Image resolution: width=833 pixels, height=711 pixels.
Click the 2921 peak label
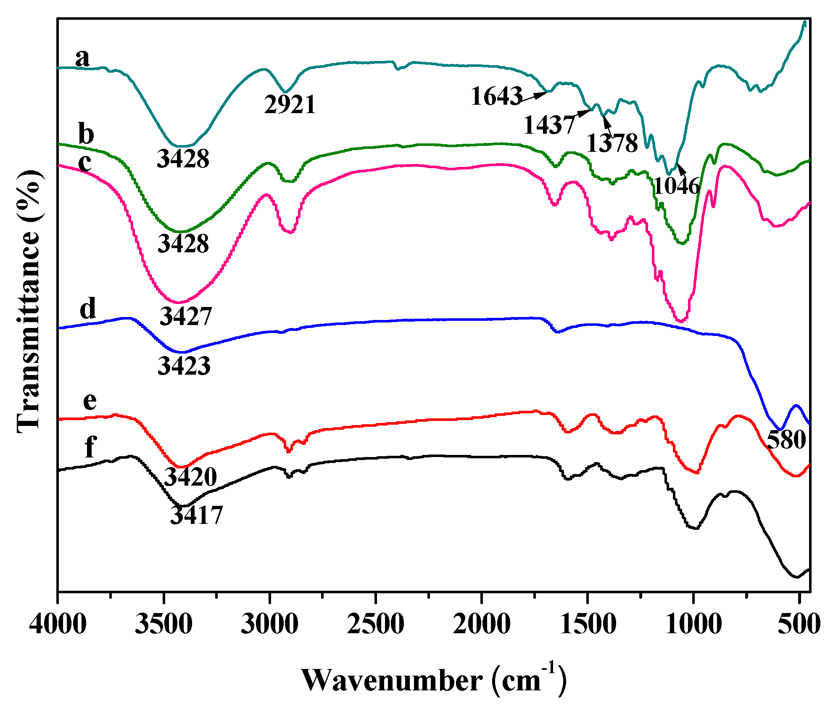coord(290,105)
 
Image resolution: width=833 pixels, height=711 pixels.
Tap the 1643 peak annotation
coord(497,96)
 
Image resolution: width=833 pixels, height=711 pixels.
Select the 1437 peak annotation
coord(549,125)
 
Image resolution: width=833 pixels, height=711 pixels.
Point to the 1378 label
coord(612,143)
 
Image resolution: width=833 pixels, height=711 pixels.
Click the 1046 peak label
coord(677,185)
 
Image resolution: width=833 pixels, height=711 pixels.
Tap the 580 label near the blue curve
coord(786,440)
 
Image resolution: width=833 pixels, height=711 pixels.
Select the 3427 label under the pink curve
coord(186,316)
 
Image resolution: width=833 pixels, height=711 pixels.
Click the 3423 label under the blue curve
coord(184,366)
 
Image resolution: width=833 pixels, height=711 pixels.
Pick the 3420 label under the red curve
coord(190,477)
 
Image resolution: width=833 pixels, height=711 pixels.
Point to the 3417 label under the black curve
coord(196,515)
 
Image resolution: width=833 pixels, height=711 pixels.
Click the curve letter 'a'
coord(82,58)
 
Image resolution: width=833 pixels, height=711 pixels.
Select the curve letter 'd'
coord(88,308)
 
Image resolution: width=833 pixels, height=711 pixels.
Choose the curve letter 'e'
coord(90,401)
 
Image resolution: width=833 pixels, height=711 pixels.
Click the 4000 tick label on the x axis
coord(58,624)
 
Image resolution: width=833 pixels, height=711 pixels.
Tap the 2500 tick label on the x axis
coord(376,624)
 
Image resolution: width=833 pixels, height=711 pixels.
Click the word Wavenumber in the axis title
coord(392,680)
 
